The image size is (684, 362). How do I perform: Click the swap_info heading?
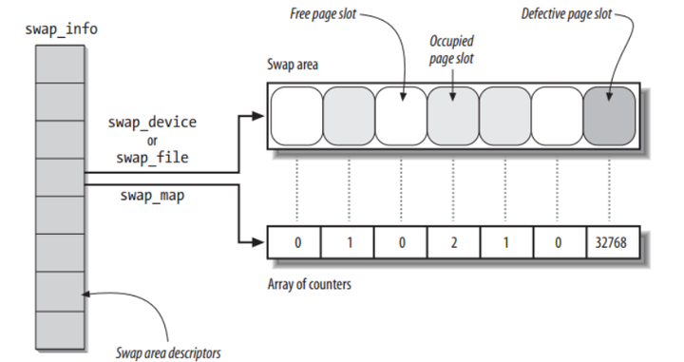(x=61, y=29)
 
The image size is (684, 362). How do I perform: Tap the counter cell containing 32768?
(x=613, y=242)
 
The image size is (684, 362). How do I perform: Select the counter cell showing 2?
(x=454, y=242)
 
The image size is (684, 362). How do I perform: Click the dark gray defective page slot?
(x=609, y=116)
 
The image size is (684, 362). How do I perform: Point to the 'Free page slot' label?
(x=323, y=14)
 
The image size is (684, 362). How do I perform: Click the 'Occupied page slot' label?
(x=451, y=49)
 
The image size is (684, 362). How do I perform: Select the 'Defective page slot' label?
(x=566, y=14)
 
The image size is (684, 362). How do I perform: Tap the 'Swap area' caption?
(x=293, y=65)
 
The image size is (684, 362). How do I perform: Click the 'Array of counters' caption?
(x=310, y=284)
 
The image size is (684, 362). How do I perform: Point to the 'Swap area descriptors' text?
(x=168, y=352)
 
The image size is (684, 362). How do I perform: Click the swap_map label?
(x=152, y=195)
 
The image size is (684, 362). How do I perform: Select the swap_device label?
(x=152, y=123)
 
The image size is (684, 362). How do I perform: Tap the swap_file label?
(x=152, y=158)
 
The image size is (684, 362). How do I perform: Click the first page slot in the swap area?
(x=296, y=116)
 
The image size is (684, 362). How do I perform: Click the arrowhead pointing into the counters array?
(x=258, y=241)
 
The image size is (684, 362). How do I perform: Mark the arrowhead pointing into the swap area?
(x=258, y=116)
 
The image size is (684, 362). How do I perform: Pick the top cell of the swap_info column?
(x=60, y=64)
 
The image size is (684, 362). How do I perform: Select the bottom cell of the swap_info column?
(x=60, y=330)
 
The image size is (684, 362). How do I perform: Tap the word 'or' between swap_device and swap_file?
(x=152, y=141)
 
